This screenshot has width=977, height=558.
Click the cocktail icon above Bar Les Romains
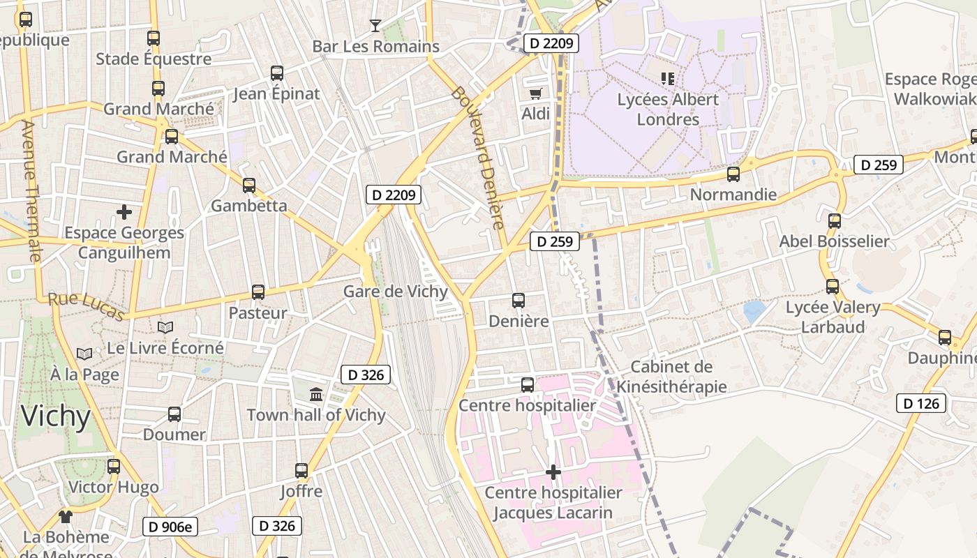(x=375, y=26)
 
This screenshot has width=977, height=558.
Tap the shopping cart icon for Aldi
(x=535, y=93)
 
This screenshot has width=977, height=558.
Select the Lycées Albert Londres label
(x=668, y=110)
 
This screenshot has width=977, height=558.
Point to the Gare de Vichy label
(x=395, y=291)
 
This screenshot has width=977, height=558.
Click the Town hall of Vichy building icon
(x=316, y=395)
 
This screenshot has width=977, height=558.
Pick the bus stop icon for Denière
(x=519, y=301)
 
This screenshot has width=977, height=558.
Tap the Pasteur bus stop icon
(x=258, y=292)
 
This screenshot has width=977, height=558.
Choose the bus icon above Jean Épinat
(x=277, y=73)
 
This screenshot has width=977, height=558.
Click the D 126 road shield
(x=921, y=403)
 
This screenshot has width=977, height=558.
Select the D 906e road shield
(x=170, y=527)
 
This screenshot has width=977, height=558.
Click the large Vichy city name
(x=56, y=416)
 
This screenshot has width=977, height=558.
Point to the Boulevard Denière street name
(x=477, y=158)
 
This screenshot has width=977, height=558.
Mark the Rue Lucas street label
(x=86, y=307)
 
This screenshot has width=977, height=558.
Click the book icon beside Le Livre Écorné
(x=165, y=327)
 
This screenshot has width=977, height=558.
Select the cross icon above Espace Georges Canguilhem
(x=124, y=211)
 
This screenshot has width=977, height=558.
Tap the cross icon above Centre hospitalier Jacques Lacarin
(x=553, y=473)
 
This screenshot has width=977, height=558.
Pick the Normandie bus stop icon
(x=733, y=174)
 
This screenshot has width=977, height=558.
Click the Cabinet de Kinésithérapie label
(x=671, y=377)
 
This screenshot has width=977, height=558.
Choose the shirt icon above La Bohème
(x=66, y=517)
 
